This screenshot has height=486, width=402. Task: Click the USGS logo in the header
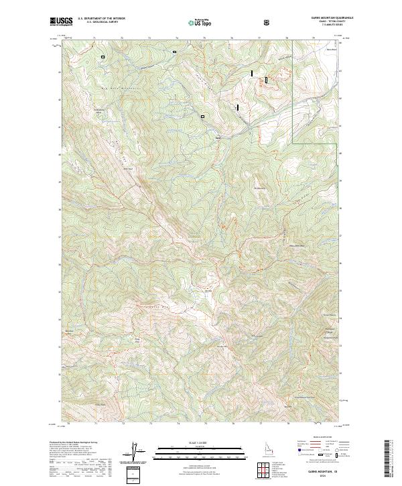pos(62,22)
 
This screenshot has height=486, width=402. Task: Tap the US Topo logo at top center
pos(201,22)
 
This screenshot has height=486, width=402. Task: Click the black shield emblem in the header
pos(267,22)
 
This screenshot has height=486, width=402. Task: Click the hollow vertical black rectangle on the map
pos(266,80)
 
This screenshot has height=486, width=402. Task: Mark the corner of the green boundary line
pos(293,142)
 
